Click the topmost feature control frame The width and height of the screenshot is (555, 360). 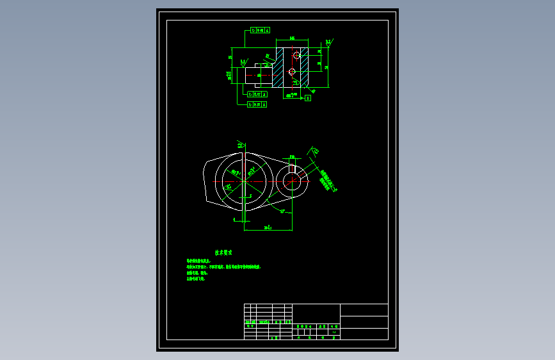[x=259, y=30]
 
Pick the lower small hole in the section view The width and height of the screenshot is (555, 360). [x=292, y=72]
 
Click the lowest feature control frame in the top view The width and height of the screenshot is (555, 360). [x=257, y=104]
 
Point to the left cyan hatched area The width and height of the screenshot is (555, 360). [x=278, y=67]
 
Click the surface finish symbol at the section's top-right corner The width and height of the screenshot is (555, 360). [x=328, y=43]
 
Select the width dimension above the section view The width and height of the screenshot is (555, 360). [x=292, y=39]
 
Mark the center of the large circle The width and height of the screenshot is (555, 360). [x=245, y=180]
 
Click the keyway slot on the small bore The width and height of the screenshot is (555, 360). [x=292, y=168]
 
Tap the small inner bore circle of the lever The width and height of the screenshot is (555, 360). [x=293, y=182]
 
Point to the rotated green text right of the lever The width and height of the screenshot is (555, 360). [x=328, y=181]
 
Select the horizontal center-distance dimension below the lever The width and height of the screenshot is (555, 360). [x=268, y=227]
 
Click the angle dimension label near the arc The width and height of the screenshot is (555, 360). [x=282, y=211]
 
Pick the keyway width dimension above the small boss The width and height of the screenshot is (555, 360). [x=292, y=156]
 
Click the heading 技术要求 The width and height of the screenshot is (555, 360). [x=222, y=253]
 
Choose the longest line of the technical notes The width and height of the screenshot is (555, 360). [x=223, y=266]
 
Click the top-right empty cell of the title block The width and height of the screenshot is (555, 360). [x=364, y=309]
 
